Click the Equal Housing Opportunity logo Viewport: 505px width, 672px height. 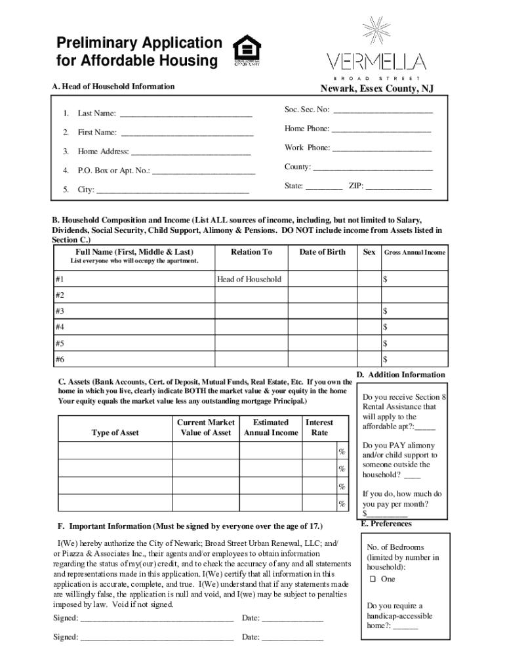click(247, 51)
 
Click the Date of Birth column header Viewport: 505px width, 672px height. click(322, 252)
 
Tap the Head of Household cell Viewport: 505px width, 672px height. click(249, 280)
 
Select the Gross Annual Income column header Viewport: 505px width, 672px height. click(414, 253)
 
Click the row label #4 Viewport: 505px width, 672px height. click(60, 327)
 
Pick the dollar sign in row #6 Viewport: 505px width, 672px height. click(386, 360)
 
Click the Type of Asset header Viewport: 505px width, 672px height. click(115, 433)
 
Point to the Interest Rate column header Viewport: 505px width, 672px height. click(319, 428)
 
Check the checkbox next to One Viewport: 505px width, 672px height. click(372, 579)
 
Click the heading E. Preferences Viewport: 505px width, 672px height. click(386, 524)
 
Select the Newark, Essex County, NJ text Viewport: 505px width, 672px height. click(376, 89)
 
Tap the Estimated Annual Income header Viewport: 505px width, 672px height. click(270, 428)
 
